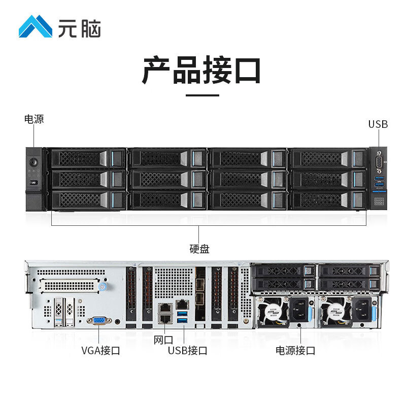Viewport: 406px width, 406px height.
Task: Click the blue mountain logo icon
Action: pyautogui.click(x=35, y=26)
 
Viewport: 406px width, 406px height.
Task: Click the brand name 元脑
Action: pyautogui.click(x=79, y=28)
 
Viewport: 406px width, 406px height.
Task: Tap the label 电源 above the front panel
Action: pyautogui.click(x=34, y=120)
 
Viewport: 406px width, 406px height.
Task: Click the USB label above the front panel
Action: pyautogui.click(x=378, y=124)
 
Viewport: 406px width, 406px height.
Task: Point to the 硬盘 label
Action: pyautogui.click(x=199, y=249)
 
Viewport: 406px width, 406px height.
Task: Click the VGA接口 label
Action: pyautogui.click(x=100, y=351)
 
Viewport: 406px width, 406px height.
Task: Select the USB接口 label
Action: pyautogui.click(x=187, y=351)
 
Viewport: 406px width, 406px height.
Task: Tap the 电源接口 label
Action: pyautogui.click(x=295, y=351)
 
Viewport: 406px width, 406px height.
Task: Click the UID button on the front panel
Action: pyautogui.click(x=33, y=183)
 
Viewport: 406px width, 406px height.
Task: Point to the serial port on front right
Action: pyautogui.click(x=378, y=163)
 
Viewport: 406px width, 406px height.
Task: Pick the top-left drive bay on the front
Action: pyautogui.click(x=87, y=158)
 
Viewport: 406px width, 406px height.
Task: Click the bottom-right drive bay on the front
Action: pyautogui.click(x=327, y=199)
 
